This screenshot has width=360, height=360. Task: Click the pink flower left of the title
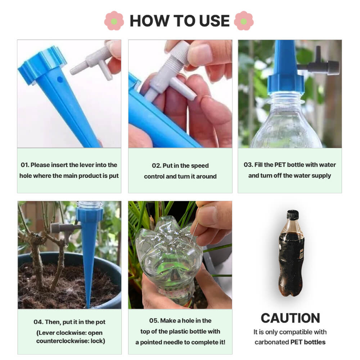tap(114, 21)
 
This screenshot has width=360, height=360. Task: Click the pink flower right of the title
tap(244, 21)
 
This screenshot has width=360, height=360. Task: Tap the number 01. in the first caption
tap(24, 165)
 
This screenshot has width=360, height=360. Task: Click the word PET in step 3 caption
tap(280, 165)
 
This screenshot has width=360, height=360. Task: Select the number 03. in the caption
tap(248, 165)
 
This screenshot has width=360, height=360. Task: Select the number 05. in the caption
tap(154, 320)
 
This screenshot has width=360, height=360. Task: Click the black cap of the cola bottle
tap(293, 215)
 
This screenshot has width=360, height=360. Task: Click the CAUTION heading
tap(290, 318)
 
